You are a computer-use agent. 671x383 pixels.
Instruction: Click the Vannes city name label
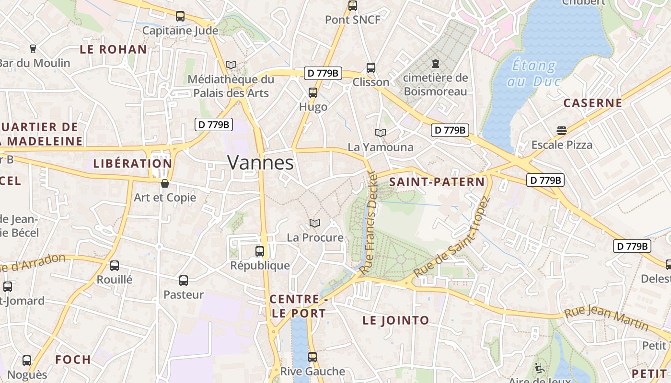click(260, 163)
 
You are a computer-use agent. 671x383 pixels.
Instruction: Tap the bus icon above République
click(259, 251)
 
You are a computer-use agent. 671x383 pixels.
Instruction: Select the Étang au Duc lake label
click(533, 73)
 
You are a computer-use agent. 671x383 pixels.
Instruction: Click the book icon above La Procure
click(315, 224)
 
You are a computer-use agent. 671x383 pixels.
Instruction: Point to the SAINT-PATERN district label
click(437, 182)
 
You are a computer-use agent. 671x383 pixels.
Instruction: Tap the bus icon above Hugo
click(313, 93)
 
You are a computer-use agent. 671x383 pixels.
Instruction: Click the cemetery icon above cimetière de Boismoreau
click(436, 63)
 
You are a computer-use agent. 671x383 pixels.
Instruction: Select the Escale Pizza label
click(562, 145)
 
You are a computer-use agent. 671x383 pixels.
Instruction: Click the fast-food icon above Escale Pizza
click(562, 130)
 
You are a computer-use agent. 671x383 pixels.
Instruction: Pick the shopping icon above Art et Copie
click(165, 183)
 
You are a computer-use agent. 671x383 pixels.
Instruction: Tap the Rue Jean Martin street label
click(607, 319)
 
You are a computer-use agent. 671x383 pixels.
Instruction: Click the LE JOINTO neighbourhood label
click(395, 321)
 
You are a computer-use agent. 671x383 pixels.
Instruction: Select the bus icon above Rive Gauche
click(312, 357)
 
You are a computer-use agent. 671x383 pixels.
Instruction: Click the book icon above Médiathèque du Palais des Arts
click(231, 65)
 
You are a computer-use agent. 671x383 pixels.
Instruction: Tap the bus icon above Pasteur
click(184, 281)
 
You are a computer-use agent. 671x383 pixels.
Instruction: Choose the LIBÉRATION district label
click(132, 163)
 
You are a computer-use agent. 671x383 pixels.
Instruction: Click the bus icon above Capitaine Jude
click(180, 16)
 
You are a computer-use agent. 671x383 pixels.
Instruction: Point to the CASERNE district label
click(592, 103)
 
